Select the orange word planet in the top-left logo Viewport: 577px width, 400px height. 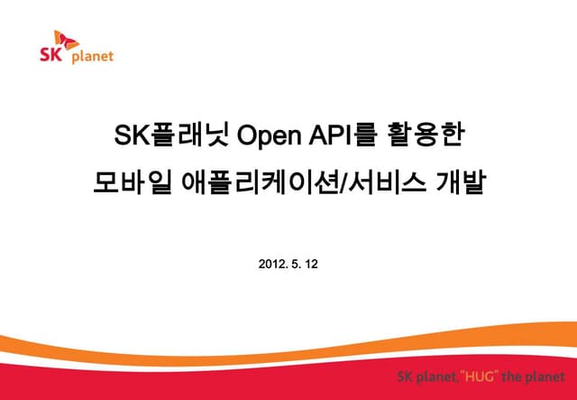point(93,56)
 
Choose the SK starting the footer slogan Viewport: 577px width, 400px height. point(408,376)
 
